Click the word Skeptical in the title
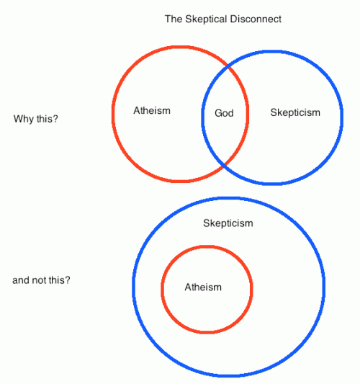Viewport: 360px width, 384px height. coord(206,19)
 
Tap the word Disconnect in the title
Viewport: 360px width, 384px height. coord(256,19)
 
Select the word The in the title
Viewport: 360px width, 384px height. coord(174,19)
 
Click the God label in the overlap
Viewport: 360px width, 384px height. coord(224,113)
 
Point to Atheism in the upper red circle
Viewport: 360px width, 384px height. coord(152,111)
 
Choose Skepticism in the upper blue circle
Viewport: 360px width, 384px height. coord(295,113)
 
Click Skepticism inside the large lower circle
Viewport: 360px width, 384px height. coord(228,223)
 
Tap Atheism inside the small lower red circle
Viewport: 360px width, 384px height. coord(203,287)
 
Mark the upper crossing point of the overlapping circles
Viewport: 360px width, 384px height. coord(228,66)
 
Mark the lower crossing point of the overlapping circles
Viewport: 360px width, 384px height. coord(224,166)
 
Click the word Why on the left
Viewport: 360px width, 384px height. coord(24,120)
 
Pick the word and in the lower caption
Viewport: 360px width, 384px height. coord(22,280)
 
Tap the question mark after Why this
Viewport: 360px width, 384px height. coord(55,119)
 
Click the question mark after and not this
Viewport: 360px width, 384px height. coord(68,280)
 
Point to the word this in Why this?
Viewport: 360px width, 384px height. coord(45,119)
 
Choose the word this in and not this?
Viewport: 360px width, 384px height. coord(56,280)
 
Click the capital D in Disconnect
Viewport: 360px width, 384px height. coord(233,19)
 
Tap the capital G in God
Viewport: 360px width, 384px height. coord(218,113)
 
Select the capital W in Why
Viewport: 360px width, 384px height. coord(17,119)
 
